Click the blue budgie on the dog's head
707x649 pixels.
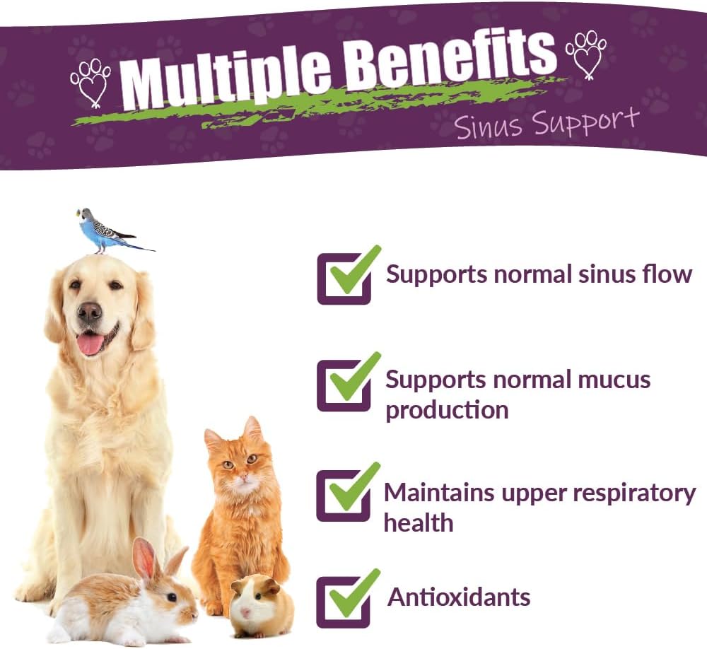[x=103, y=231]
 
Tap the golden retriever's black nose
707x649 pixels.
[x=90, y=312]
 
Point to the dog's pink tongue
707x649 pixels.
[x=90, y=344]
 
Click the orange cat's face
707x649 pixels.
[x=240, y=470]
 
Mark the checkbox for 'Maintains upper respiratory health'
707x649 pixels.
[x=344, y=495]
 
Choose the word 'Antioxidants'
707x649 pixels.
[x=459, y=597]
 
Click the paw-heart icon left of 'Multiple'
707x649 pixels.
[x=90, y=81]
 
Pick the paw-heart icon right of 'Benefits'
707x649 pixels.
[x=586, y=53]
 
